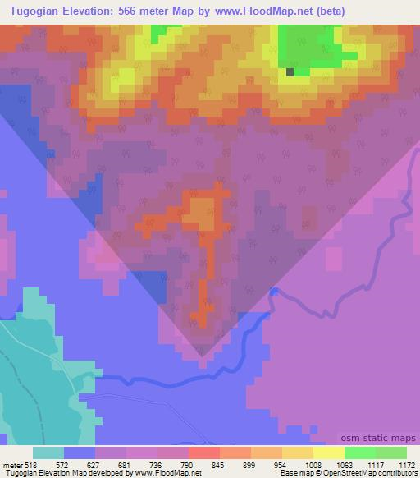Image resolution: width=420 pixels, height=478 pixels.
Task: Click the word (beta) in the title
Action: (x=326, y=11)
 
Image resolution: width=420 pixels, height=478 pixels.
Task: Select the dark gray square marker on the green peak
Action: (x=290, y=72)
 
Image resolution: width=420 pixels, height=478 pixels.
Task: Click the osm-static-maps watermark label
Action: (x=378, y=439)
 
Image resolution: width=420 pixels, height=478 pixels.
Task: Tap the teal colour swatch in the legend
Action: (x=48, y=453)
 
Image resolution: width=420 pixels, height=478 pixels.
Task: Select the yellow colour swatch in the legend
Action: (x=328, y=453)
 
